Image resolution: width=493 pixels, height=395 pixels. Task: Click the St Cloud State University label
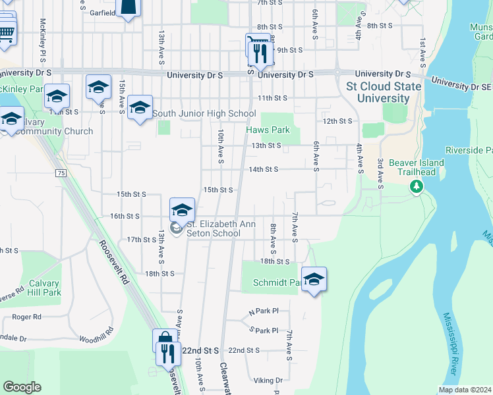click(384, 92)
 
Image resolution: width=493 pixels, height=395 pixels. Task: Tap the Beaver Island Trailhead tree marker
click(417, 187)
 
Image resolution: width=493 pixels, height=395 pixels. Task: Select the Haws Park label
click(268, 130)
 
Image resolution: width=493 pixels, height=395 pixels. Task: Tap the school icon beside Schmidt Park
click(314, 278)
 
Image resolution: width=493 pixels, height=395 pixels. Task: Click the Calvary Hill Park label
click(44, 288)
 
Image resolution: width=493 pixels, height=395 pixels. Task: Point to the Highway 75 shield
click(61, 173)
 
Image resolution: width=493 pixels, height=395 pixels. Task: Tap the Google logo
click(22, 387)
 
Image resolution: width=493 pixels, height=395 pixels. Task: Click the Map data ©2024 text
click(465, 390)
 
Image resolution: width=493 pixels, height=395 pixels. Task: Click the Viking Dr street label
click(268, 381)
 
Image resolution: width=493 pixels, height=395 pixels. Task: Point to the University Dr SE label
click(461, 84)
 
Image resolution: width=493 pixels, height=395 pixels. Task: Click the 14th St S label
click(263, 169)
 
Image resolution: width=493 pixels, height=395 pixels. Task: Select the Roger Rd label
click(26, 317)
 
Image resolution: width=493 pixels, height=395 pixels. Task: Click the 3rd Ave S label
click(380, 173)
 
